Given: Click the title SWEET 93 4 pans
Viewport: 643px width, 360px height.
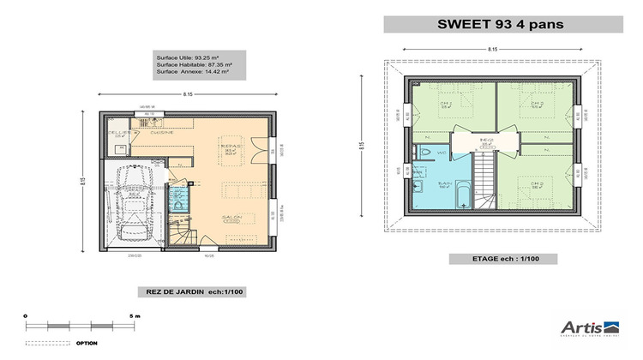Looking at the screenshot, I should pos(502,24).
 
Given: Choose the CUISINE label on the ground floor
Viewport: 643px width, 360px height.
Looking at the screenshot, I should pos(163,133).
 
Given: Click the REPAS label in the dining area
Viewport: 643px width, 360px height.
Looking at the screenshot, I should pos(231,147).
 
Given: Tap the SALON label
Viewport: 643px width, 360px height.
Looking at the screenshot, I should pos(231,217).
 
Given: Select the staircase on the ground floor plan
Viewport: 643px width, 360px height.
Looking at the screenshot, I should pos(182,230).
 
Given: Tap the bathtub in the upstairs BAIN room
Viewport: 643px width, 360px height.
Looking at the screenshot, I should pos(461,195).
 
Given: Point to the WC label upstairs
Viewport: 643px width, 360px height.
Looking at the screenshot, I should pos(442,153).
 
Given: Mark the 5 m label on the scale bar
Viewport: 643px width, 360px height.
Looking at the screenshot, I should pos(135,316).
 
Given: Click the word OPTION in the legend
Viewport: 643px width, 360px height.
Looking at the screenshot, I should pos(87,343).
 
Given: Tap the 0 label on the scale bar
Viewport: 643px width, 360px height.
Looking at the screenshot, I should pos(26,316).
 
